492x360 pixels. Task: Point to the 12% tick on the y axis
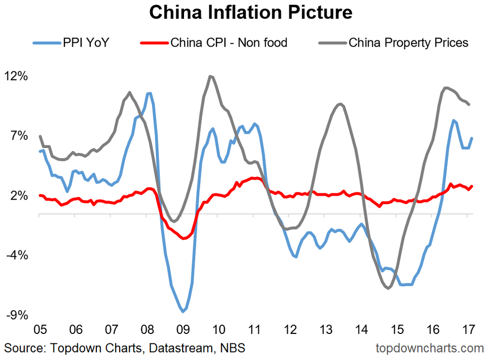(x=17, y=76)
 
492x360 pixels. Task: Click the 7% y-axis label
(x=20, y=136)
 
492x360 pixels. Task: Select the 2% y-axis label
(x=20, y=196)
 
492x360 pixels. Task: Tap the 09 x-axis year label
(x=183, y=329)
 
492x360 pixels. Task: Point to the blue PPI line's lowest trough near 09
(x=183, y=311)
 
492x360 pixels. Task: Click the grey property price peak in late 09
(x=211, y=76)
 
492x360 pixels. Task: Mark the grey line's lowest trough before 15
(x=389, y=288)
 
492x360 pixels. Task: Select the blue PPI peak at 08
(x=149, y=93)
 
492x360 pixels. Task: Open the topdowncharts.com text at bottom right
(x=430, y=349)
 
